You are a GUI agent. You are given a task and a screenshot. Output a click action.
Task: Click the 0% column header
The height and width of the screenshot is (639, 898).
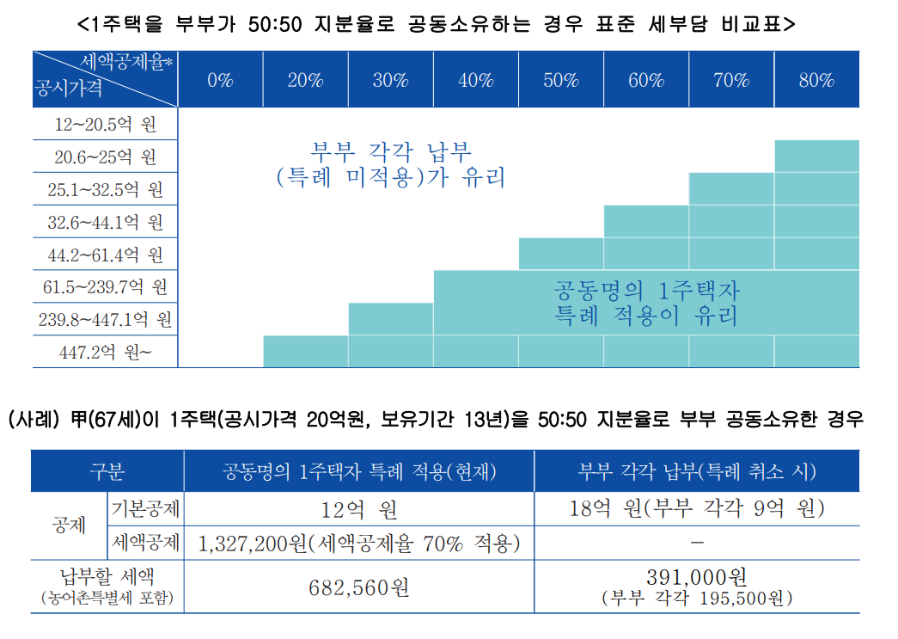pyautogui.click(x=220, y=81)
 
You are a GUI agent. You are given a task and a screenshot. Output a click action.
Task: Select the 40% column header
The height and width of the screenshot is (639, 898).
pyautogui.click(x=476, y=81)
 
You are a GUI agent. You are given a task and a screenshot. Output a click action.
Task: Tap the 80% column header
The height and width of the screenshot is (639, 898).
pyautogui.click(x=816, y=81)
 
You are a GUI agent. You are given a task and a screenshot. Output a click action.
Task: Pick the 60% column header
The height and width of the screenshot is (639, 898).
pyautogui.click(x=646, y=81)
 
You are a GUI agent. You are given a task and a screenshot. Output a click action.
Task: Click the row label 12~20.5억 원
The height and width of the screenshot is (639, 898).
pyautogui.click(x=105, y=125)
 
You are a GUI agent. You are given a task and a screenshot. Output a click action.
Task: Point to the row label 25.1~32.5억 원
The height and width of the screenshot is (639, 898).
pyautogui.click(x=105, y=189)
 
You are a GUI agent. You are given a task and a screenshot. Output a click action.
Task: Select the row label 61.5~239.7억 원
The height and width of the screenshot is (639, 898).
pyautogui.click(x=105, y=286)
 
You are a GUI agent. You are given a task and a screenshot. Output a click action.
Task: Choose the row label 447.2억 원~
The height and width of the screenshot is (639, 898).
pyautogui.click(x=105, y=352)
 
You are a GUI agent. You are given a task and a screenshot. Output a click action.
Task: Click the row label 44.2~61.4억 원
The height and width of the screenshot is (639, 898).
pyautogui.click(x=105, y=255)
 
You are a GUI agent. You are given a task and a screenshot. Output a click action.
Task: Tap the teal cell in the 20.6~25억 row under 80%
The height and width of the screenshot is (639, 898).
pyautogui.click(x=816, y=156)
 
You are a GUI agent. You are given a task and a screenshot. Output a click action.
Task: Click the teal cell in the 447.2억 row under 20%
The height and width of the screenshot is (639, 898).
pyautogui.click(x=305, y=352)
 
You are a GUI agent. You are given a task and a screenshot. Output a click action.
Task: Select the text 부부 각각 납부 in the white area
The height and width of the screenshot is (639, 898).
pyautogui.click(x=391, y=152)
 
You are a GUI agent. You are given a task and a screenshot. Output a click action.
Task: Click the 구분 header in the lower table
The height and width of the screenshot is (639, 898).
pyautogui.click(x=107, y=471)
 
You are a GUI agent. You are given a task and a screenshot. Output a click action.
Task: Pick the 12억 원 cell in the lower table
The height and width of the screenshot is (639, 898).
pyautogui.click(x=359, y=509)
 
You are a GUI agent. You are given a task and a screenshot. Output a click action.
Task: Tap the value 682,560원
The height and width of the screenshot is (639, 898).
pyautogui.click(x=359, y=587)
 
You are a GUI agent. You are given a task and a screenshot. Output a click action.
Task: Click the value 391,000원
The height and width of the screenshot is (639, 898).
pyautogui.click(x=696, y=577)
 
